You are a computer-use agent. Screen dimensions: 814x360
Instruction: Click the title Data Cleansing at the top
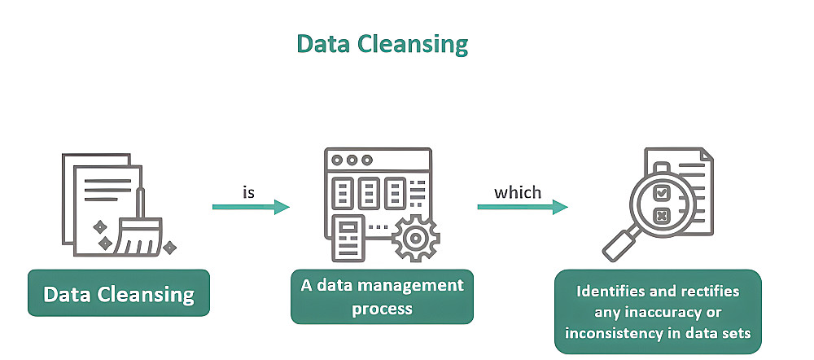382,45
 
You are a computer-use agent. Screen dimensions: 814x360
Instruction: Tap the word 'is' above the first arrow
248,191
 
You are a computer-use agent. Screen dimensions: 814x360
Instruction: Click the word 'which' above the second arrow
518,192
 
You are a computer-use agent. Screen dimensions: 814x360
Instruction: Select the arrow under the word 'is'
251,207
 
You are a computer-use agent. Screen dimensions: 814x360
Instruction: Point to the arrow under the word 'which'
523,207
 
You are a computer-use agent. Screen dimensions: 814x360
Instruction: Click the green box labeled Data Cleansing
119,293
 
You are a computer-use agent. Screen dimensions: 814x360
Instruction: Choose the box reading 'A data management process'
382,296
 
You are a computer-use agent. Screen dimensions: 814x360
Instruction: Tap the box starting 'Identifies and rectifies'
658,311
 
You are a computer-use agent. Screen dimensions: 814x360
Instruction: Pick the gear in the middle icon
415,239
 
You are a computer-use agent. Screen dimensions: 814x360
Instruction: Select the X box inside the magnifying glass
661,215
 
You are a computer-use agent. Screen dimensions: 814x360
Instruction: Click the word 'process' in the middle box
382,309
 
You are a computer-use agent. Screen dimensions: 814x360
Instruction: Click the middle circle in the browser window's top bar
352,160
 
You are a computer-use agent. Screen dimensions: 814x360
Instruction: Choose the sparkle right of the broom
169,248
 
